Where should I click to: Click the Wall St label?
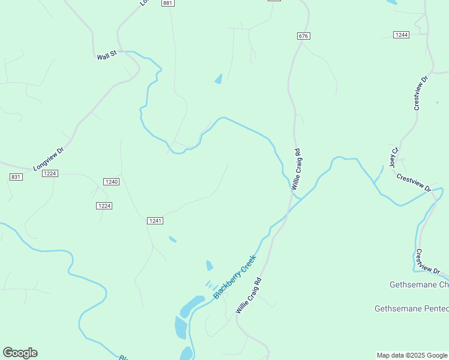click(106, 56)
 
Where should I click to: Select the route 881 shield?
click(167, 3)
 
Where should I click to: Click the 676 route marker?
click(303, 36)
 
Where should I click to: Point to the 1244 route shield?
click(402, 35)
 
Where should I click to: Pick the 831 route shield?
click(16, 176)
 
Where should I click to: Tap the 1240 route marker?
click(111, 181)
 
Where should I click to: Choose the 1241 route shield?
click(155, 221)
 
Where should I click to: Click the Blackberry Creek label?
click(235, 277)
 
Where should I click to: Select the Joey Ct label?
click(394, 157)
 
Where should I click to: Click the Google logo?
click(20, 353)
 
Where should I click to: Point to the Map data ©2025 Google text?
click(412, 355)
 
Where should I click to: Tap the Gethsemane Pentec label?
click(411, 308)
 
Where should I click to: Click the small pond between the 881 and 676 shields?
click(218, 79)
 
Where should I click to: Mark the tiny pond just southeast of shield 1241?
click(173, 239)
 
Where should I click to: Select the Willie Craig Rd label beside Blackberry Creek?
click(249, 295)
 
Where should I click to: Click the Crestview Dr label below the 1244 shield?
click(420, 92)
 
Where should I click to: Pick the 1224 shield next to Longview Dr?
click(50, 173)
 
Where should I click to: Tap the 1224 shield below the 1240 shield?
click(104, 206)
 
